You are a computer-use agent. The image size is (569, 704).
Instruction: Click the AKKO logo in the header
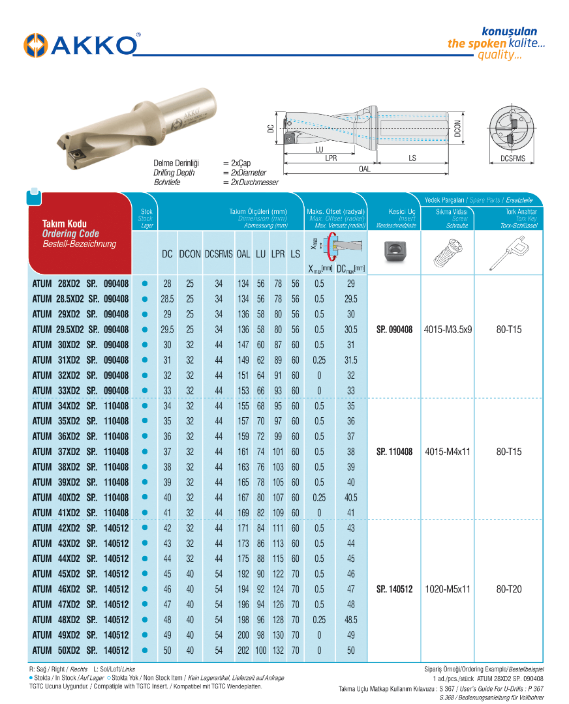82,44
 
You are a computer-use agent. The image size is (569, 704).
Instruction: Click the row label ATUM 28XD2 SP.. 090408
80,284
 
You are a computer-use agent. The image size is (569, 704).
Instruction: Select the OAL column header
243,254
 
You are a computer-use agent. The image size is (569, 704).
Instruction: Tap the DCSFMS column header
218,254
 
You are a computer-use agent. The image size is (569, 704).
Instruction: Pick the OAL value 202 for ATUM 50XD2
243,651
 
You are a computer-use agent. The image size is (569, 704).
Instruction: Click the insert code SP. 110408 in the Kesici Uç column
395,452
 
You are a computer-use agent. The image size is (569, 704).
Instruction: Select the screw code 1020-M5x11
447,589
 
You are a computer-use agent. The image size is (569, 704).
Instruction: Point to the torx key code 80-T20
509,589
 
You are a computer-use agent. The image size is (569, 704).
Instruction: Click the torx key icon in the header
509,254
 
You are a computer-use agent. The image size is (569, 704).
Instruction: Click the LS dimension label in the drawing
412,158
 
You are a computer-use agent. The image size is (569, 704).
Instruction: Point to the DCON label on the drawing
457,128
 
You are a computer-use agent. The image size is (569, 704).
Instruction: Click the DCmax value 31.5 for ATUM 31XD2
350,360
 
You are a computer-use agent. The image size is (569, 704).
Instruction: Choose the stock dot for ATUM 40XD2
145,498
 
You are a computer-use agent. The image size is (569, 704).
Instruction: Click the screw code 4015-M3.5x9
447,330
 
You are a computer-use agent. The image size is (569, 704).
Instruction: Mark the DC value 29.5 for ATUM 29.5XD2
167,330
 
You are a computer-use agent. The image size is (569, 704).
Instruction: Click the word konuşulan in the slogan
509,31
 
